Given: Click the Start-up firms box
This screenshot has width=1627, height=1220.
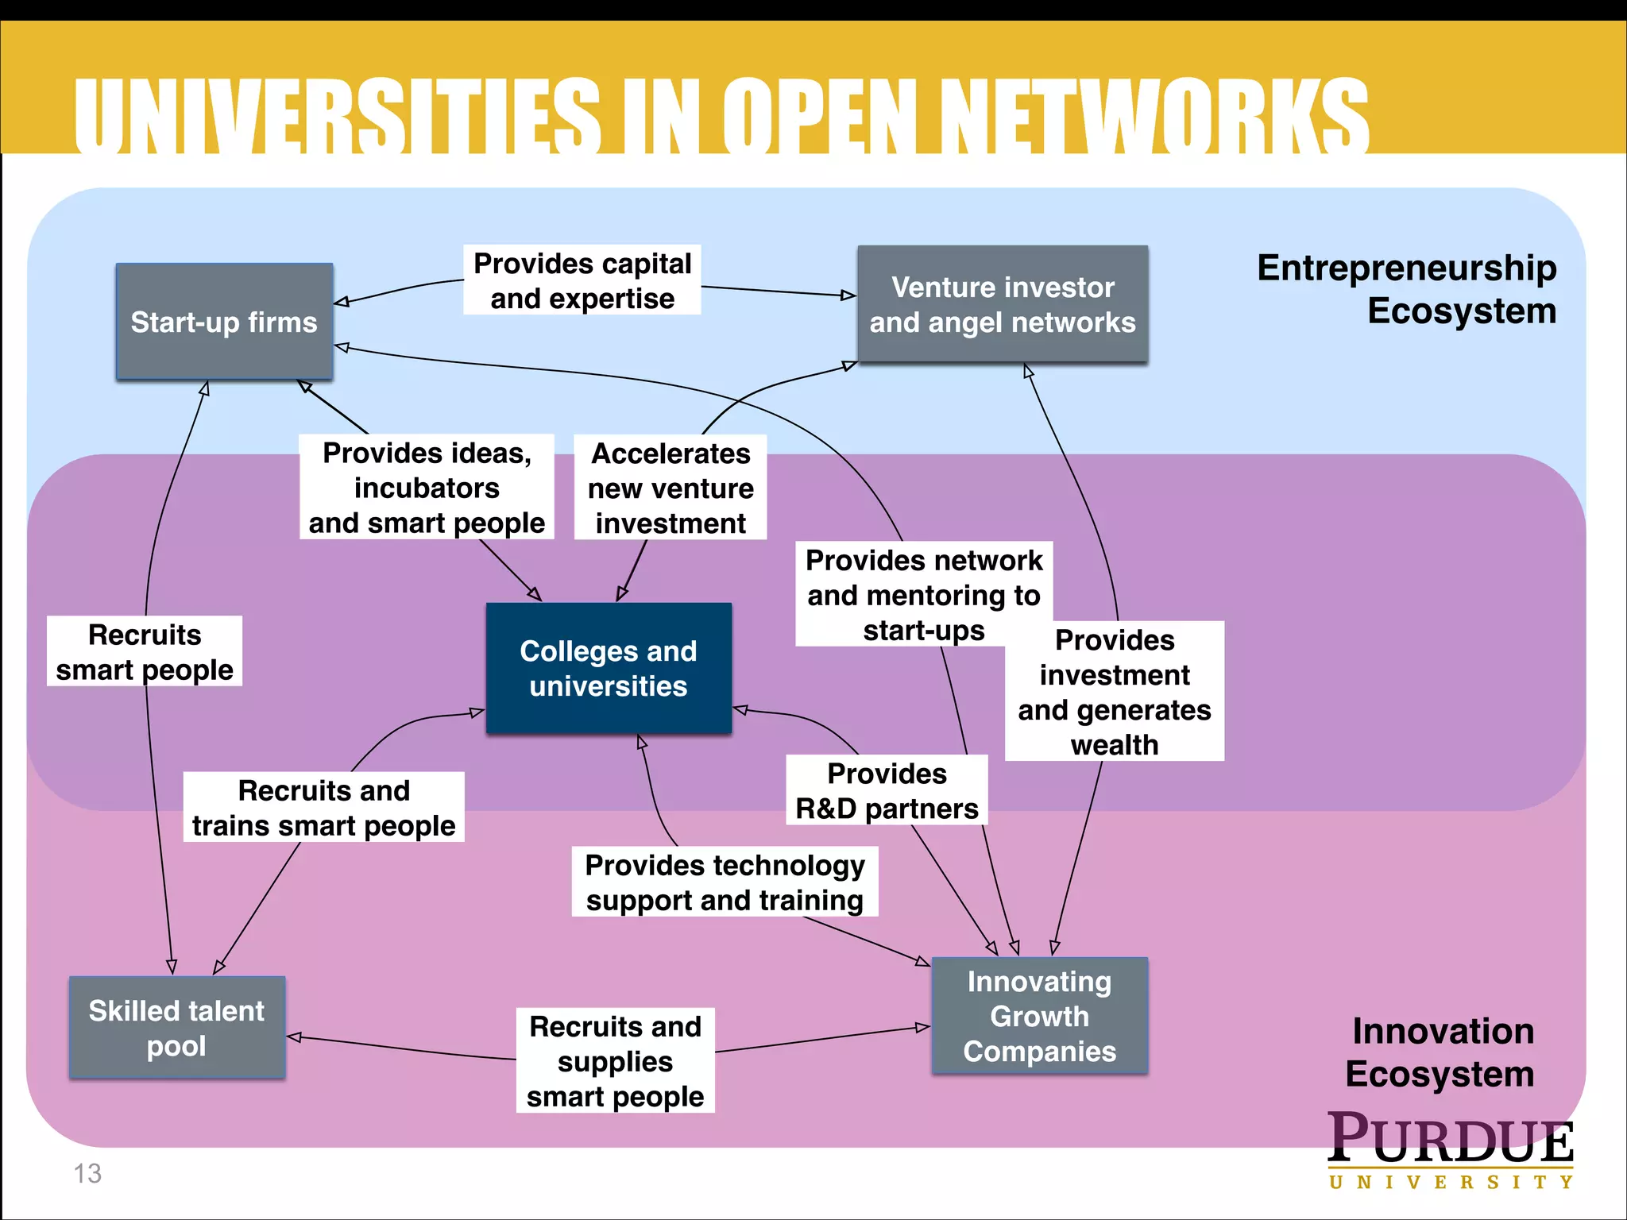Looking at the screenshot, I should (x=224, y=322).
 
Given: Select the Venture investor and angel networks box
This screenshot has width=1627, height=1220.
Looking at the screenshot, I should (x=1003, y=304).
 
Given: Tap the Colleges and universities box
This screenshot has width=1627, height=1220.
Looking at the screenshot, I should (x=609, y=668).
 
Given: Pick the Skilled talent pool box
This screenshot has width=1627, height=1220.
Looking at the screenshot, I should (x=176, y=1028).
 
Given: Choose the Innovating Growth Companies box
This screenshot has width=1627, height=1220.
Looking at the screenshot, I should (x=1039, y=1016).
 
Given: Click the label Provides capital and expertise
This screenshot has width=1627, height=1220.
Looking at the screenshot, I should (x=582, y=280).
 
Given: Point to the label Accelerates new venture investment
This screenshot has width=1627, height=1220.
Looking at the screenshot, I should (x=671, y=488).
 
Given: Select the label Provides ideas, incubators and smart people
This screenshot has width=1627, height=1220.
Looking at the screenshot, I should (x=427, y=487).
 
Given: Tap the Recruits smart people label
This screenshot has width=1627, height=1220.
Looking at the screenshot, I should (x=145, y=651).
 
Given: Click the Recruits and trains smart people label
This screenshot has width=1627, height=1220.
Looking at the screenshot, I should (x=323, y=807).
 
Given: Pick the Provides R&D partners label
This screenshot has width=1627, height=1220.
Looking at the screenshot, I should (x=887, y=790).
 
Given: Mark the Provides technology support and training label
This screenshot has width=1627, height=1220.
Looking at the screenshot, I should (x=725, y=882).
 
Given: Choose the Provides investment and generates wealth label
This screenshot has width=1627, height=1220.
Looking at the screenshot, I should (x=1114, y=691).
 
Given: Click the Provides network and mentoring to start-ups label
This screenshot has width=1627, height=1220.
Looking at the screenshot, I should (x=923, y=594).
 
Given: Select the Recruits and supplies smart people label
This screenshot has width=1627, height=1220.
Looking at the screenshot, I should (x=615, y=1060).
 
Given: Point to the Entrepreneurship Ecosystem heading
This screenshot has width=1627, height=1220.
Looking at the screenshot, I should (x=1406, y=288).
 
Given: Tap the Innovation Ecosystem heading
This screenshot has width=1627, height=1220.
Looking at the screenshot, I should (x=1441, y=1052).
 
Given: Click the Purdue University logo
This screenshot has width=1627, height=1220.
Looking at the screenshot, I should (x=1450, y=1149).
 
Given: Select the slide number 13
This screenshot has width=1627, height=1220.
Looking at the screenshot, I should (x=87, y=1173).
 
